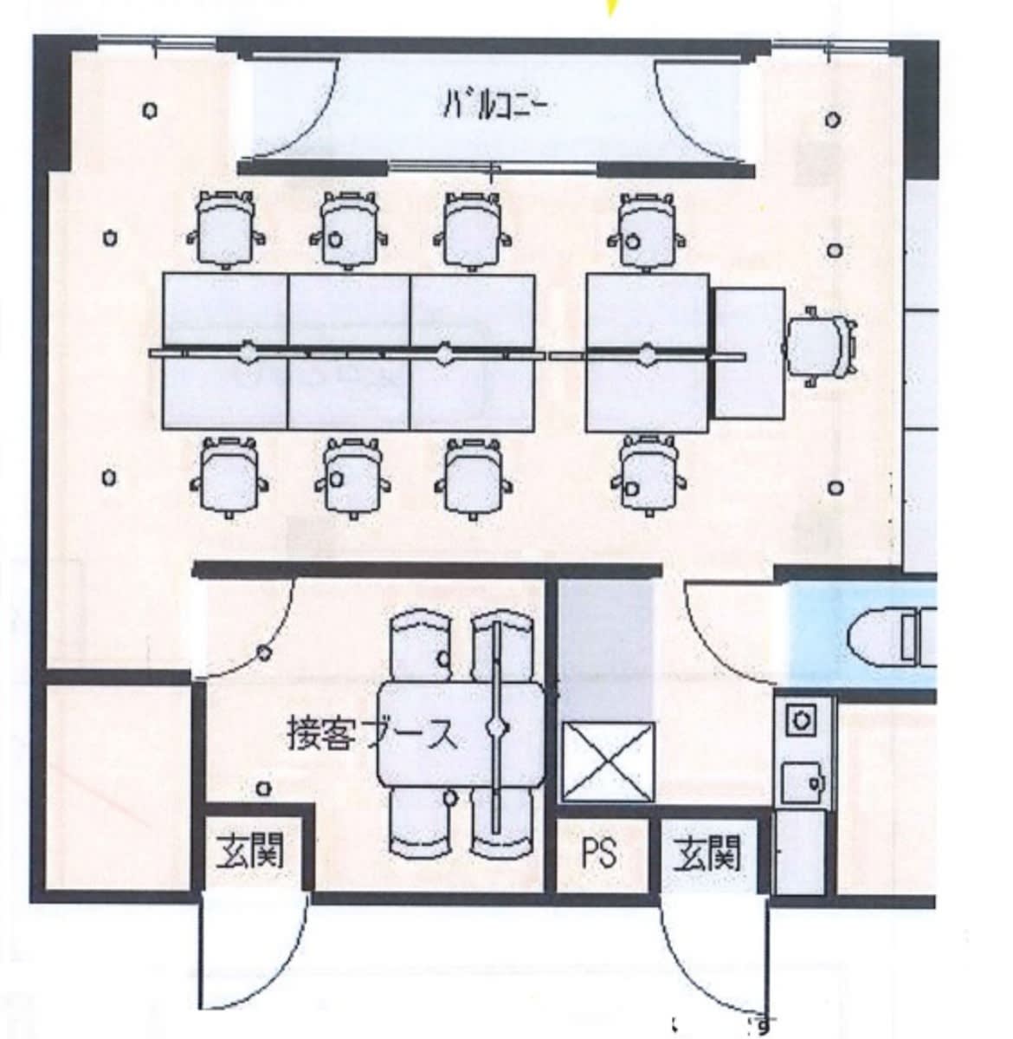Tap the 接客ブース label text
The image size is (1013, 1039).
(x=372, y=734)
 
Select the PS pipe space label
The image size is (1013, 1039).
(x=599, y=853)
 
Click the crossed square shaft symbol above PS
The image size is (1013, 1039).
(x=608, y=763)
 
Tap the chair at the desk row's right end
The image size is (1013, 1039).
(x=820, y=347)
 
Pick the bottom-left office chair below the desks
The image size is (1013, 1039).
(x=229, y=477)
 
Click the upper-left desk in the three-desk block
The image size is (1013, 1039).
(x=225, y=311)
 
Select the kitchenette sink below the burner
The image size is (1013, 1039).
(x=803, y=784)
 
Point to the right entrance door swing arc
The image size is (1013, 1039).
(x=695, y=967)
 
